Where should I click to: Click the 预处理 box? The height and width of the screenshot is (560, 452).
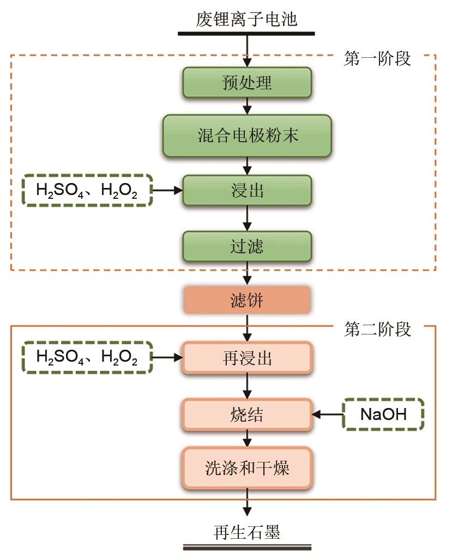tap(247, 83)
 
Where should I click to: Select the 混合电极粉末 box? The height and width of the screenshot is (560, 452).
tap(247, 136)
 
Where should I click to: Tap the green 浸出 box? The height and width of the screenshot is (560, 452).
tap(247, 190)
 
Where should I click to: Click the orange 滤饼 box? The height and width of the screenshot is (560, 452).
tap(247, 300)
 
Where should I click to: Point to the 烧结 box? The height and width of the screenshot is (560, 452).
tap(247, 415)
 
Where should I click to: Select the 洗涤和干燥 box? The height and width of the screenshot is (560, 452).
tap(247, 467)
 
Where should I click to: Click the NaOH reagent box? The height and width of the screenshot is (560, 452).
tap(383, 415)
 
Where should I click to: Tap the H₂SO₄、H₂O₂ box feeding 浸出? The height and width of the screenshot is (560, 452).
tap(87, 190)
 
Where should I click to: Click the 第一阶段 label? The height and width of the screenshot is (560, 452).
tap(377, 58)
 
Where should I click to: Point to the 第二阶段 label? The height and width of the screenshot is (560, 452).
tap(377, 328)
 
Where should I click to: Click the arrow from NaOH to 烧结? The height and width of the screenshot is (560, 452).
tap(327, 415)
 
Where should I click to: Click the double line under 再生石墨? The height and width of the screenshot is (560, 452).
tap(247, 547)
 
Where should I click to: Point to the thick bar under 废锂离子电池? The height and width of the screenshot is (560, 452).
tap(247, 34)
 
